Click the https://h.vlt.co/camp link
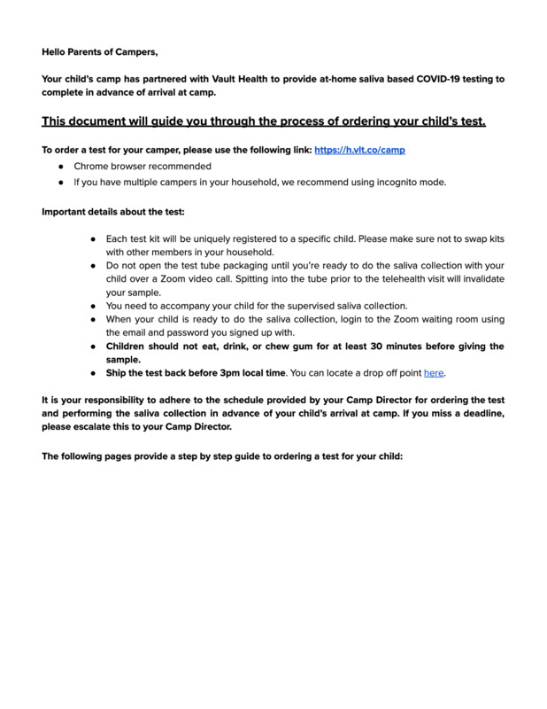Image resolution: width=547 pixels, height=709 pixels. click(360, 150)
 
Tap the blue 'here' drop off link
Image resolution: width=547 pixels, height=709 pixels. click(434, 373)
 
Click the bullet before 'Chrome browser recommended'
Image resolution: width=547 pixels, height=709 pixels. click(59, 167)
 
